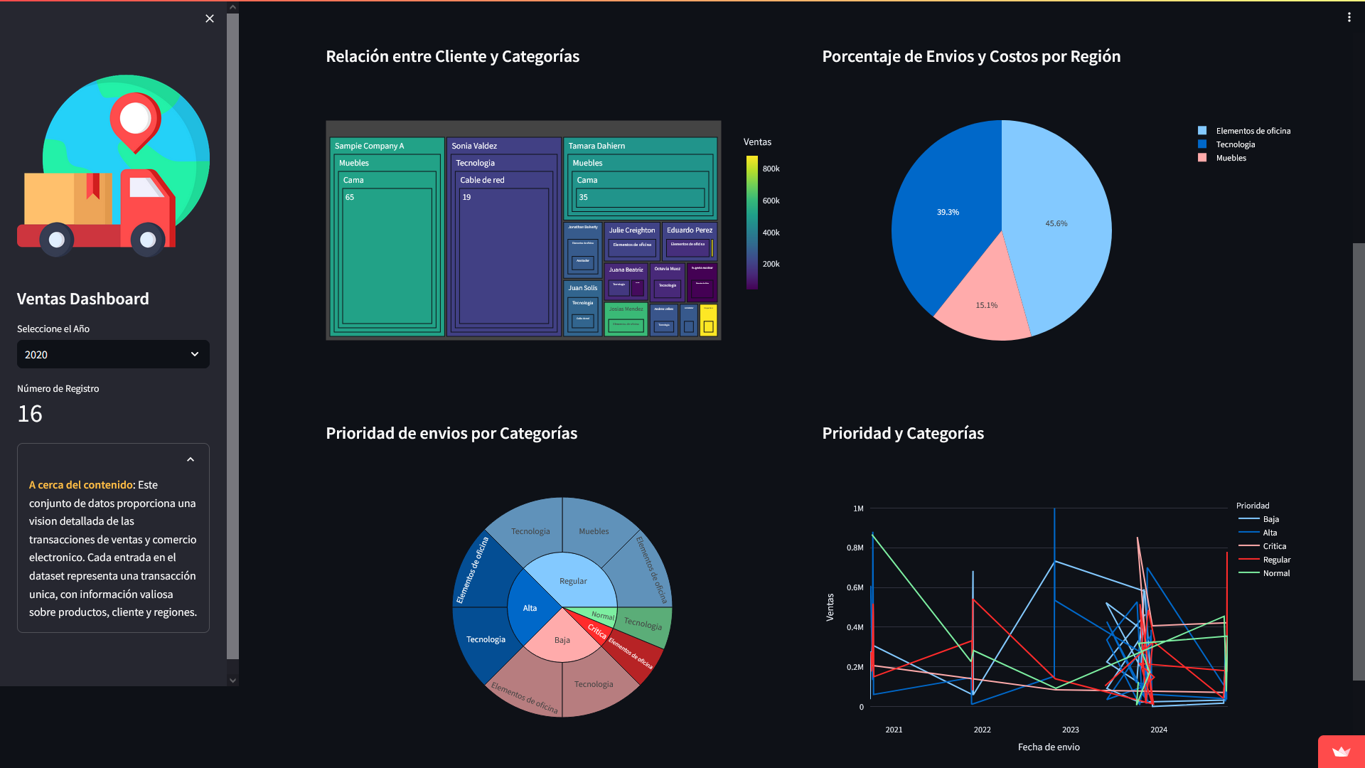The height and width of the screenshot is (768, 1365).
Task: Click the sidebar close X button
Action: click(209, 18)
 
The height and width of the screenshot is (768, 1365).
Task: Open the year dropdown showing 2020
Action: click(113, 354)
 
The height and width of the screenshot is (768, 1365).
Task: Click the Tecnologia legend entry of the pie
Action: click(1235, 144)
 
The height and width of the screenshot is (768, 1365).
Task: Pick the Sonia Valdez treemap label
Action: click(474, 146)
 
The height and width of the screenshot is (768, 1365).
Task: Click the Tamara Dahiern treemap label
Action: click(596, 146)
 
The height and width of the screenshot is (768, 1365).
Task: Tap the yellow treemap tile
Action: click(709, 321)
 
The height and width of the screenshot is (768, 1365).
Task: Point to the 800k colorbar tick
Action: click(771, 169)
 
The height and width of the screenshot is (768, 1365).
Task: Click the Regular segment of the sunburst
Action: click(573, 581)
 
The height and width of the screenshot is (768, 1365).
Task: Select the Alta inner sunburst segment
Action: click(530, 608)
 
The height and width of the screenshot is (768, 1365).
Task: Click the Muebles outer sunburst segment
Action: click(594, 531)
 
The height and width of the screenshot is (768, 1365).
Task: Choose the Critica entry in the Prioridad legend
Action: click(1274, 546)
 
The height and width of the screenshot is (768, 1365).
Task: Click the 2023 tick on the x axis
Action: click(1070, 730)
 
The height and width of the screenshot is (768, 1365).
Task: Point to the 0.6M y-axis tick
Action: click(855, 587)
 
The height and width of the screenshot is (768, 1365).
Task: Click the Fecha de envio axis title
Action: click(1048, 747)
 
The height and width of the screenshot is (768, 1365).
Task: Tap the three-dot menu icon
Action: click(1349, 17)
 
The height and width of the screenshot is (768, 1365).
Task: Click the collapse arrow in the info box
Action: click(191, 460)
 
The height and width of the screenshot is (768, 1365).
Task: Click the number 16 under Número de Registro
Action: click(30, 414)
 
